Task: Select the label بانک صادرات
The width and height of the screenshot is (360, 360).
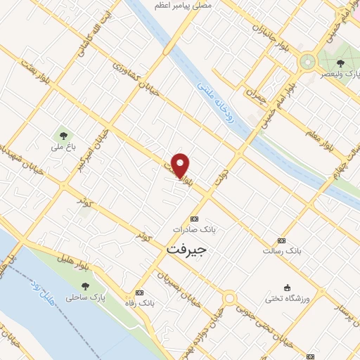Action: coord(195,229)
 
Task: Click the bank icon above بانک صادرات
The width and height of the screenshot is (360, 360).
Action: coord(195,219)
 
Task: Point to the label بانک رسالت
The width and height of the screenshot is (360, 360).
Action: coord(282,250)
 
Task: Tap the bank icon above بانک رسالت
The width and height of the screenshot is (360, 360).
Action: coord(282,240)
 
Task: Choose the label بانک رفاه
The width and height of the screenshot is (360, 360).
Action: coord(140,303)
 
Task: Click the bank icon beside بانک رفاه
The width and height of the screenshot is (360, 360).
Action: coord(139,292)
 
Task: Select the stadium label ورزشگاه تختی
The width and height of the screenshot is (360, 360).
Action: coord(287,297)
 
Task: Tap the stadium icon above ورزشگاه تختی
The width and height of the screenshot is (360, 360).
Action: coord(286,286)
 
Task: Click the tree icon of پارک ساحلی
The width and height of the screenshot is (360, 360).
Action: coord(85,286)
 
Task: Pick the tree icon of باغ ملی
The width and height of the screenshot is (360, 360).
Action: coord(64,135)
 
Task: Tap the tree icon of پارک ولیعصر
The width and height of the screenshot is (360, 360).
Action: coord(340,63)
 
